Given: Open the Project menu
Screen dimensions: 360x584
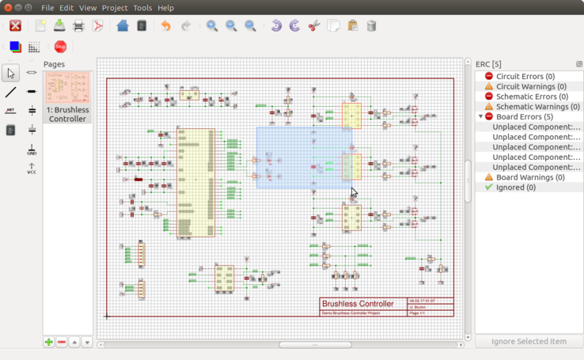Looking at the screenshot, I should click(115, 8).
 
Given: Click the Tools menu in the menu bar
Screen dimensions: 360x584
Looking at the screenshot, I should click(142, 8).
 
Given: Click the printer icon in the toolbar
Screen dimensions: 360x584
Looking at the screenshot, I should click(78, 26).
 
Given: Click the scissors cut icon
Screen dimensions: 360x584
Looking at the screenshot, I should click(313, 26).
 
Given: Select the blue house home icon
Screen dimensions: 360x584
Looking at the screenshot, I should click(122, 26).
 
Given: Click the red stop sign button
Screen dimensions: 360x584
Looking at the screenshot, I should click(60, 47).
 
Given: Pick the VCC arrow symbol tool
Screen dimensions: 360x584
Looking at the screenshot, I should click(32, 169).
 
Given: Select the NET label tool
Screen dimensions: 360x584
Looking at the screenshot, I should click(10, 111).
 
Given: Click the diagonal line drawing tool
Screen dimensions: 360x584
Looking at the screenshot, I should click(10, 92).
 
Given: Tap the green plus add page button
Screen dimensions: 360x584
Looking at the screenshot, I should click(49, 343).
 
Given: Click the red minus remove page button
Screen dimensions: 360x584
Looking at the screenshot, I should click(62, 343).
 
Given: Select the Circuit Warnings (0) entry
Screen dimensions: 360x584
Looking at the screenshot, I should click(531, 86).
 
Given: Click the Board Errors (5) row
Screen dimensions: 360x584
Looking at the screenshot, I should click(524, 116).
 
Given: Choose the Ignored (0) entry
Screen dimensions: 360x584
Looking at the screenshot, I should click(515, 188).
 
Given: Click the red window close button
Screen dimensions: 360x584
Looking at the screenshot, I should click(9, 8).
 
